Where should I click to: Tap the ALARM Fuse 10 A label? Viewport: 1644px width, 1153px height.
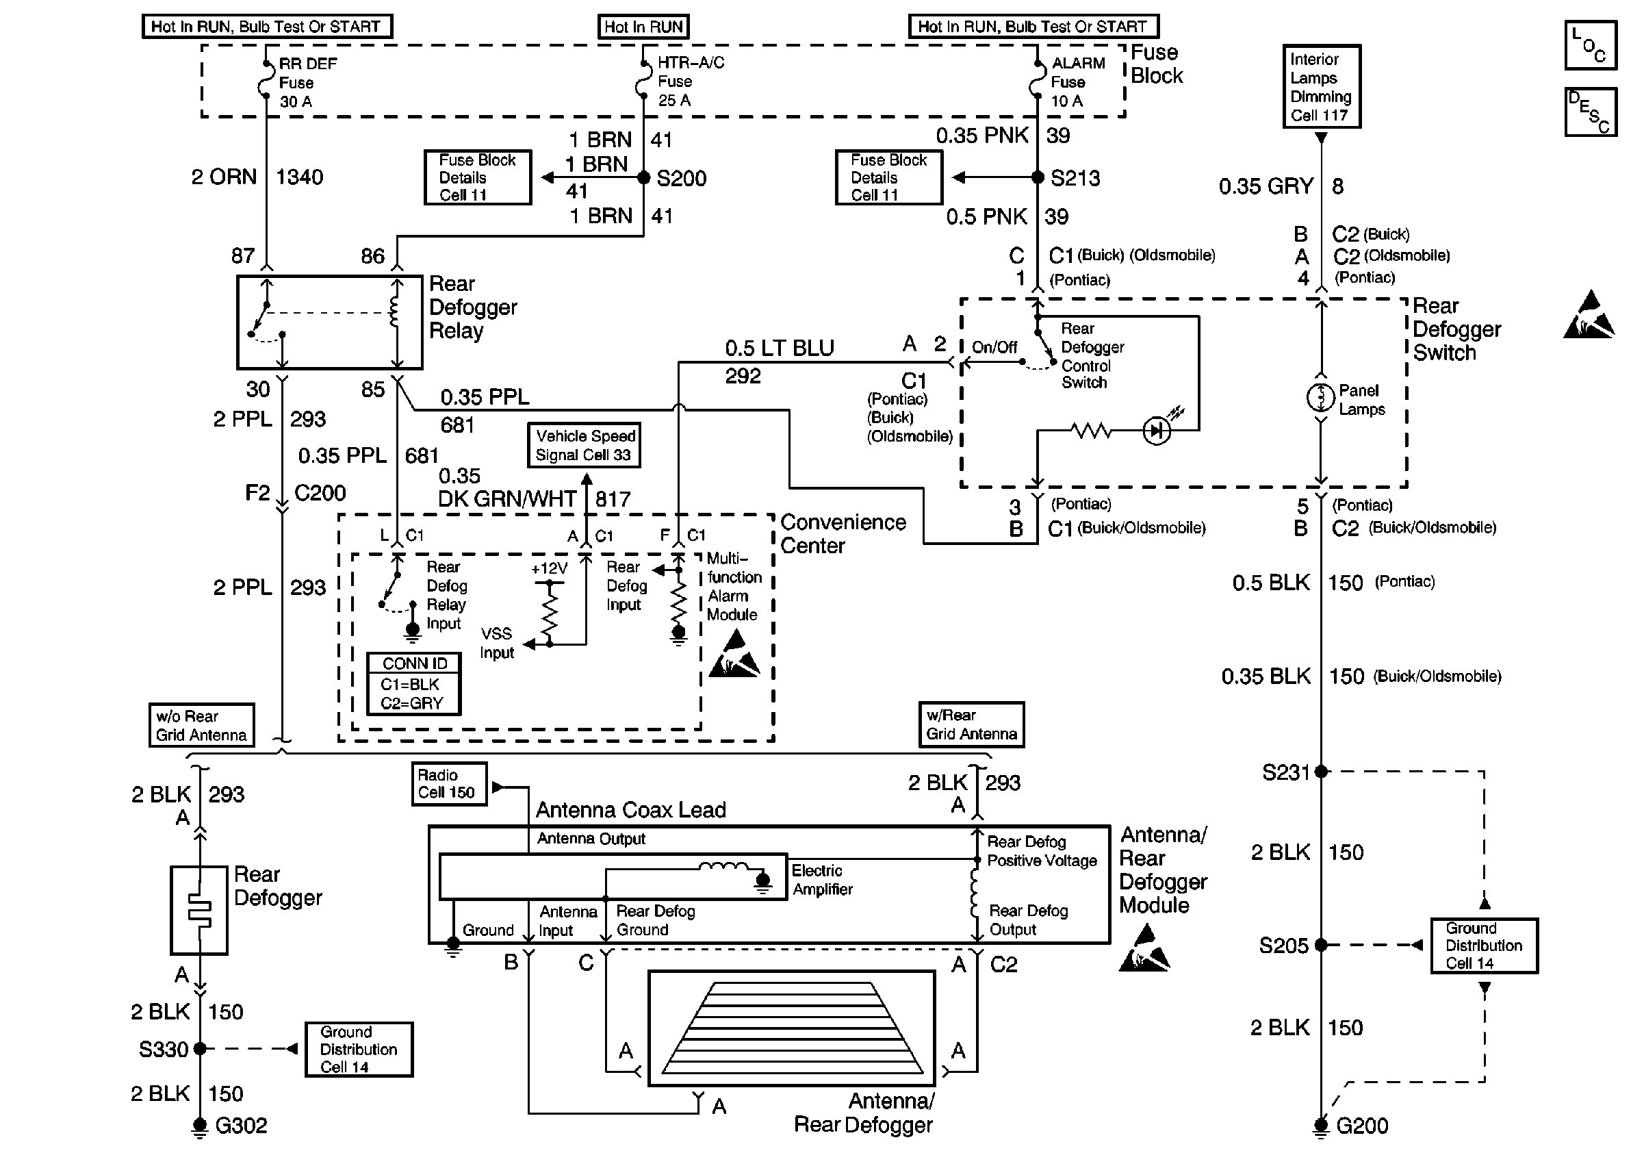click(x=1077, y=81)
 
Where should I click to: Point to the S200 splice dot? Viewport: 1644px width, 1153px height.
click(x=644, y=177)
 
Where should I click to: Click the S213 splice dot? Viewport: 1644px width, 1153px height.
click(x=1038, y=177)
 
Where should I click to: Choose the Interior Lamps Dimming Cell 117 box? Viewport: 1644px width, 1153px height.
click(x=1321, y=87)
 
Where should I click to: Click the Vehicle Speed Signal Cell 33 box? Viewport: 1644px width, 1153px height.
click(x=585, y=446)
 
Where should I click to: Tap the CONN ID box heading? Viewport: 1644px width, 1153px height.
click(x=414, y=663)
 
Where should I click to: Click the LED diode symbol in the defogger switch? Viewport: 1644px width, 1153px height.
click(x=1157, y=431)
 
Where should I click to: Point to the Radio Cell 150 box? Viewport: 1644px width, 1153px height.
click(x=449, y=784)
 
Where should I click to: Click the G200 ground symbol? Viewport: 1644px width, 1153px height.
click(x=1321, y=1126)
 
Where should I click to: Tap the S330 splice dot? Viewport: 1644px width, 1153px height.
click(x=201, y=1048)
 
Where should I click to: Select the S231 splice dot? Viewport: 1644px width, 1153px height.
click(x=1321, y=772)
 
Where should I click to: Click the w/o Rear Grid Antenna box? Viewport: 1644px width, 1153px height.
click(x=201, y=726)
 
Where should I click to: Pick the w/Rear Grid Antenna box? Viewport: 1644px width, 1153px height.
click(x=971, y=725)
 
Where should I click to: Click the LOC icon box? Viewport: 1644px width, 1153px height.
click(x=1591, y=46)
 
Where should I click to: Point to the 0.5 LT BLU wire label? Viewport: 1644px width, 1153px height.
click(x=779, y=348)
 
